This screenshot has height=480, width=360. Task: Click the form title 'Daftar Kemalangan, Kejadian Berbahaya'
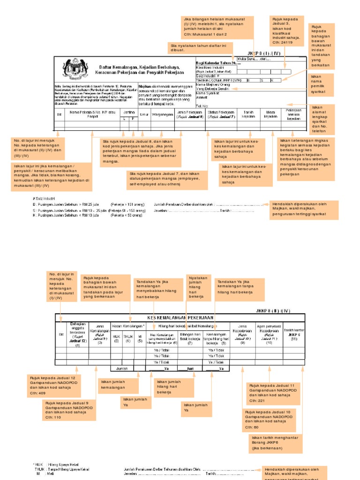(134, 67)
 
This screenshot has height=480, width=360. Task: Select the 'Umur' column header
(144, 113)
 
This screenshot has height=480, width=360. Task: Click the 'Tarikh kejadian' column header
(248, 114)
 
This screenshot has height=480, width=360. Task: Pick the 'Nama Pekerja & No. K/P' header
(91, 114)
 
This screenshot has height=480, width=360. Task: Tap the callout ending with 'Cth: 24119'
(287, 30)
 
